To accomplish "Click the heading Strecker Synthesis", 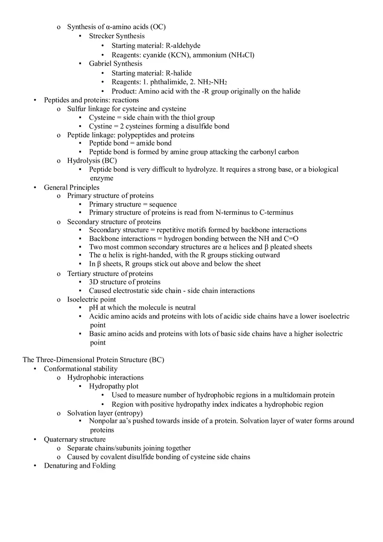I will (117, 36).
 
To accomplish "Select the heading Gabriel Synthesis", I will (115, 63).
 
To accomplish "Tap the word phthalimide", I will (168, 82).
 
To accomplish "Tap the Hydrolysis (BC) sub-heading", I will (92, 160).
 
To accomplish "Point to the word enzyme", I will (101, 178).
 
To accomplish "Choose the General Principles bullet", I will (71, 187).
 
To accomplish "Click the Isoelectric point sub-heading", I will (91, 299).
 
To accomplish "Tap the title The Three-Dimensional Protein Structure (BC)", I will (93, 360).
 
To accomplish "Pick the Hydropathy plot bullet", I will (114, 386).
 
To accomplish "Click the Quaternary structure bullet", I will (74, 439).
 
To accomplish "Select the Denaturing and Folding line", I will (80, 466).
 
